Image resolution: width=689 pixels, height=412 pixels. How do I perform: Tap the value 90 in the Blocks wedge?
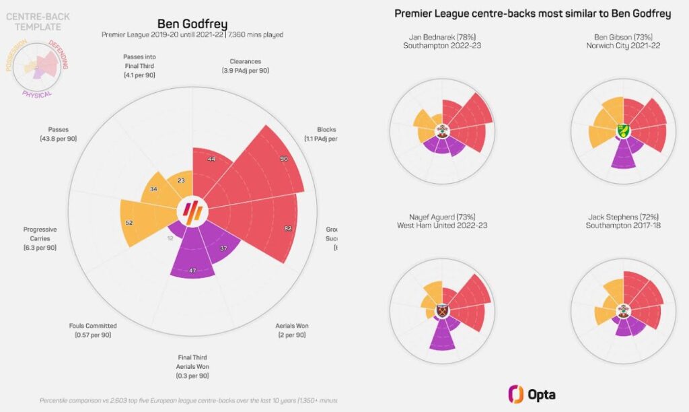pos(285,159)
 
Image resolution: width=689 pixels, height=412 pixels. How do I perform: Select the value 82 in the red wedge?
pos(287,229)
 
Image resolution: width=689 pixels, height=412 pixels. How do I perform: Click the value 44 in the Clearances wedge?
pos(211,159)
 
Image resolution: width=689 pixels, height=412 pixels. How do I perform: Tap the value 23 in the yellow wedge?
pos(182,180)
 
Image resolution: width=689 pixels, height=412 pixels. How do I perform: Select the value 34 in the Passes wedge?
pos(155,189)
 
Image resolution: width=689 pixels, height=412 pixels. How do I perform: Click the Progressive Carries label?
pos(40,238)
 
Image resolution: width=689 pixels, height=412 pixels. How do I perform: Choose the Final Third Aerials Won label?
pos(193,366)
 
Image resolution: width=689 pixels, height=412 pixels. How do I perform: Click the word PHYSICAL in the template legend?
pos(37,94)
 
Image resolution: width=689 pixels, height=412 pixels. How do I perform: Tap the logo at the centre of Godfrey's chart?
pos(193,211)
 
